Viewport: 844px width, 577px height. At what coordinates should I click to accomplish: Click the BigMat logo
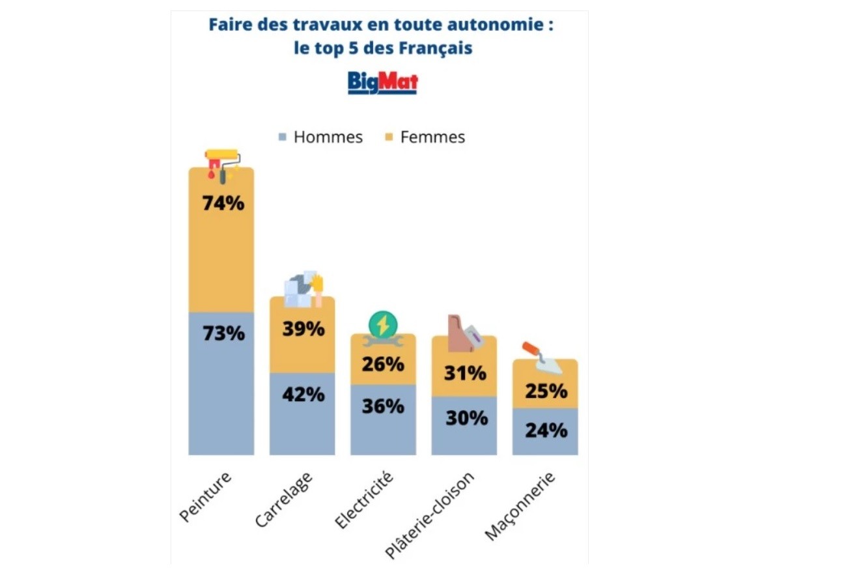(382, 83)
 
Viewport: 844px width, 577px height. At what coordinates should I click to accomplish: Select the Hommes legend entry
(320, 137)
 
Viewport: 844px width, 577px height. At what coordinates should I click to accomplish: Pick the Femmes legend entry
(425, 137)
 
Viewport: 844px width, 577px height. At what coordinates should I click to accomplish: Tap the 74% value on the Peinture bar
(223, 203)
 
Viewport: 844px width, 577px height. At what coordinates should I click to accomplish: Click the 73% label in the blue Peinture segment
(223, 333)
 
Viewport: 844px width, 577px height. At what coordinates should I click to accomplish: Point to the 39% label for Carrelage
(303, 329)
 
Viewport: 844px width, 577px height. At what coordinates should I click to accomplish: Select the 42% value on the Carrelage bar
(303, 394)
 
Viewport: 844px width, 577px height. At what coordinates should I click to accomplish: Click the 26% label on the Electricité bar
(383, 364)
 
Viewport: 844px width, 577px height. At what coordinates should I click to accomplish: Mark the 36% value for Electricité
(383, 406)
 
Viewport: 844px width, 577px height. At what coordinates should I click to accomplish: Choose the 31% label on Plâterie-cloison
(465, 373)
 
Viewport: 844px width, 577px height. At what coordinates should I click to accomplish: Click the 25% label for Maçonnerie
(546, 391)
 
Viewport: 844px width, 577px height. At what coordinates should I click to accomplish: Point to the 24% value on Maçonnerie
(546, 430)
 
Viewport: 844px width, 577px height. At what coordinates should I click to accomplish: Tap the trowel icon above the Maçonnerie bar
(542, 358)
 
